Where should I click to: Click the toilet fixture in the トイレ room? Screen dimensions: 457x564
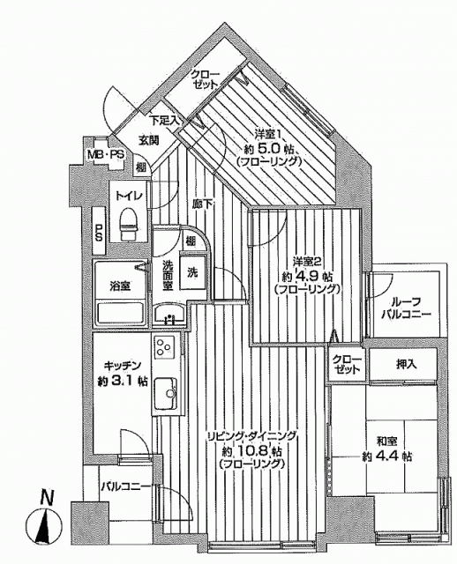[x=129, y=225]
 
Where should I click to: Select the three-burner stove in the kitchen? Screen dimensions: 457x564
[x=164, y=346]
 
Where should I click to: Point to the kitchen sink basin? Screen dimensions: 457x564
[x=165, y=393]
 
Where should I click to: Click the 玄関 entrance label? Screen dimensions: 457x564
[x=149, y=140]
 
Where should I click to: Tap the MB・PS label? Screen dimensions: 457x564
[x=106, y=155]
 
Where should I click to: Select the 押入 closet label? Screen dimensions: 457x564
[x=407, y=364]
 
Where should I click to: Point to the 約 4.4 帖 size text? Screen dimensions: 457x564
[x=387, y=456]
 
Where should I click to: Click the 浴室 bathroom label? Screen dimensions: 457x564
[x=120, y=286]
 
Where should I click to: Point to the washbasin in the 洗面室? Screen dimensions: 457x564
[x=169, y=315]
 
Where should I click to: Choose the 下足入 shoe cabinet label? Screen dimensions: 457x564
[x=164, y=121]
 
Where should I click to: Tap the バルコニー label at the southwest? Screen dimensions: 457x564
[x=125, y=487]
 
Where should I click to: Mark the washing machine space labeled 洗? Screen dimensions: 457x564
[x=193, y=272]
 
